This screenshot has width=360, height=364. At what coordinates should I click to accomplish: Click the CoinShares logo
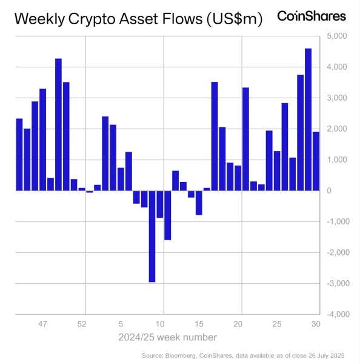[312, 16]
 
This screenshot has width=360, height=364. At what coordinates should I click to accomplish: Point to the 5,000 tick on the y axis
[336, 36]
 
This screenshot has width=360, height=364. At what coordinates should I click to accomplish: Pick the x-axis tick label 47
[43, 325]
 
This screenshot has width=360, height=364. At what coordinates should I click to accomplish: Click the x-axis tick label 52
[82, 325]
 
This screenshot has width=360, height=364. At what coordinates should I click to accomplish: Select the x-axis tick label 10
[161, 325]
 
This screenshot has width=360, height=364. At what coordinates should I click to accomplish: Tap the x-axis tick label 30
[315, 325]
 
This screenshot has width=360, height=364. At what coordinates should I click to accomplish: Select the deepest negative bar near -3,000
[152, 236]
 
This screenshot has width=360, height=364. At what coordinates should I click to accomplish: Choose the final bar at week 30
[316, 161]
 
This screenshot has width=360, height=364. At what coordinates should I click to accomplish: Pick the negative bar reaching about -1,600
[168, 215]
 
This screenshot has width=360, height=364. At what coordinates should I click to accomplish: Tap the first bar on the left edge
[19, 154]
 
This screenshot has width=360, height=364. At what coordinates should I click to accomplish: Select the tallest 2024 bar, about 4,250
[59, 124]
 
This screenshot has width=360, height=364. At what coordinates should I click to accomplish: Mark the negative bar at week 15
[199, 203]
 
